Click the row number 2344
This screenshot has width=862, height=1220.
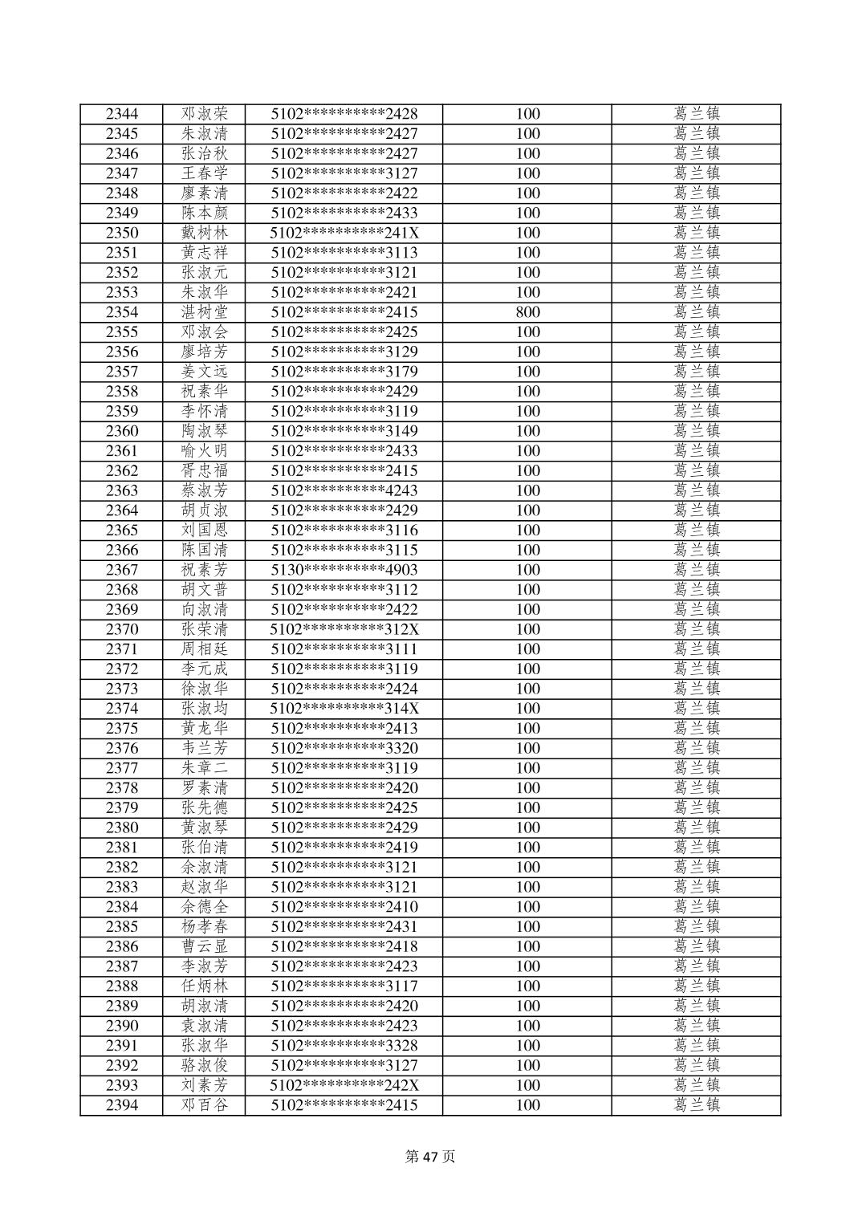(121, 114)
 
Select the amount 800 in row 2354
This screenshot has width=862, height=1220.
(527, 312)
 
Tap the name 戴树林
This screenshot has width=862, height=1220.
(204, 233)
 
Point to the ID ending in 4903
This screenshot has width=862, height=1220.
(344, 570)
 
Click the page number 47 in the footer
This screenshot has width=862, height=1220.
(431, 1157)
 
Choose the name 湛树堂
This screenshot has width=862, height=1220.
(204, 312)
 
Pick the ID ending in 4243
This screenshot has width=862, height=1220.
(344, 490)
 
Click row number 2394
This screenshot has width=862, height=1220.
(121, 1105)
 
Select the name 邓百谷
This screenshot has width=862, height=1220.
(204, 1105)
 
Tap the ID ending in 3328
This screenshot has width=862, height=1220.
(344, 1046)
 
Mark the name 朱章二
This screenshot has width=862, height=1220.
(204, 768)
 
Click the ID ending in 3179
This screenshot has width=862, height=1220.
(344, 372)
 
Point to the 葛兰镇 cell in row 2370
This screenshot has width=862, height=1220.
(696, 629)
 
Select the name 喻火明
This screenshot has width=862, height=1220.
(204, 451)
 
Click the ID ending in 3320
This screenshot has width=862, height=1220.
(344, 748)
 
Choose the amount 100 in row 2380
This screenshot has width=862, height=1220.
(527, 828)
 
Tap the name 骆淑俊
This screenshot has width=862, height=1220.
(204, 1066)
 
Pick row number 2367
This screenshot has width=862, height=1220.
(121, 570)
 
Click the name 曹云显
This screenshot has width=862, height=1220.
(204, 946)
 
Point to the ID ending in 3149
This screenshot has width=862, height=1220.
(344, 431)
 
